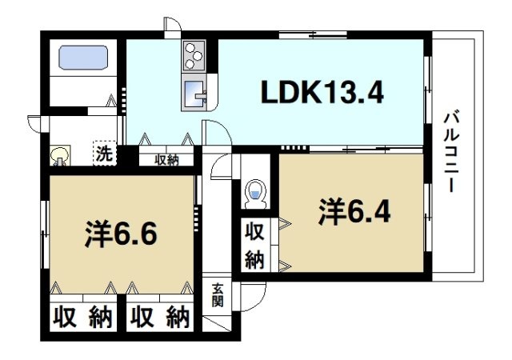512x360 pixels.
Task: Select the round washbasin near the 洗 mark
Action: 60,154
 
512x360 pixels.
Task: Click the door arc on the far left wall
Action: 35,125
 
